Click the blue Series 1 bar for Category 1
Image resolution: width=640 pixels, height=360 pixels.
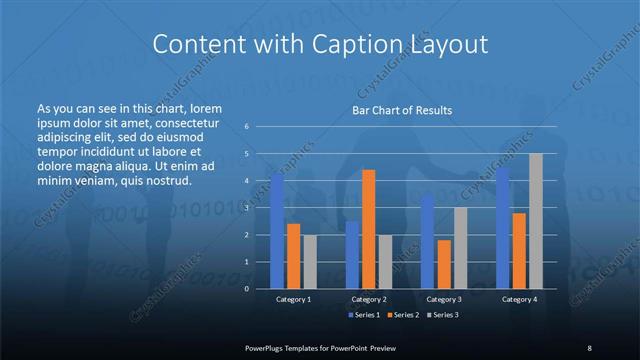point(277,232)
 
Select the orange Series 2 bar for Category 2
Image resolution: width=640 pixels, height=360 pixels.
point(368,229)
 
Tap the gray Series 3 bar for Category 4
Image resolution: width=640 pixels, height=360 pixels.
point(535,221)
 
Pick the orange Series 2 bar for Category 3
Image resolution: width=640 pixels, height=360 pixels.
point(444,264)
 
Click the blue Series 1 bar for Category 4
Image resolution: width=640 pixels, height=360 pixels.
point(503,228)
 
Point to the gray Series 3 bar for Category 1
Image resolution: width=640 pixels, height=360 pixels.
point(309,262)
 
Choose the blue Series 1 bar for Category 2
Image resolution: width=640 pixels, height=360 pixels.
point(352,255)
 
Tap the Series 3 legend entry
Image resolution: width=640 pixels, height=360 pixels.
point(445,315)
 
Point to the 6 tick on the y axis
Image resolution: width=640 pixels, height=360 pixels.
point(246,127)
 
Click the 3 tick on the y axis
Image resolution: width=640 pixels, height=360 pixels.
point(246,208)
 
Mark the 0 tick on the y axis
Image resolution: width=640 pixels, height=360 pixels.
point(246,289)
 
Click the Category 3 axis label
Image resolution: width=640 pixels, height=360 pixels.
point(444,299)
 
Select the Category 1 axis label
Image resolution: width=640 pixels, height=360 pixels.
point(293,299)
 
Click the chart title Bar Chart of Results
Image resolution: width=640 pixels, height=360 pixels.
point(402,110)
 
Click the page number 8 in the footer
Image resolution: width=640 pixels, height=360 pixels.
point(588,347)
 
